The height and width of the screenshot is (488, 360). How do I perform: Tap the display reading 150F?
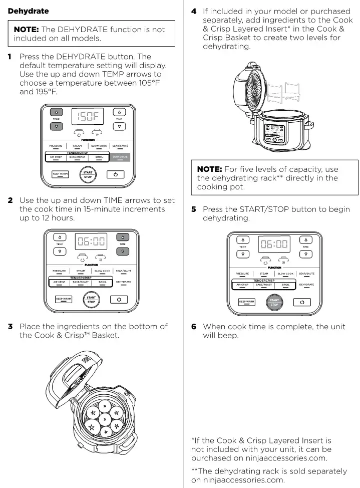click(88, 117)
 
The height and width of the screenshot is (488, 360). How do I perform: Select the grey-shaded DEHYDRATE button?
click(120, 157)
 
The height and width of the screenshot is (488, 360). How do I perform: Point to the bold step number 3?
click(10, 327)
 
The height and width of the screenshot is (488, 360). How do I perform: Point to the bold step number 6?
click(193, 327)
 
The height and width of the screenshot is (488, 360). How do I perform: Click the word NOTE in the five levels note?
click(209, 169)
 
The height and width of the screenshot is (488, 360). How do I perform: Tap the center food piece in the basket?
click(104, 418)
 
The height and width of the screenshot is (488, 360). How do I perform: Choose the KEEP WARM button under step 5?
click(246, 302)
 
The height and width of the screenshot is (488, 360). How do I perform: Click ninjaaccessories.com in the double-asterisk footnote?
click(236, 479)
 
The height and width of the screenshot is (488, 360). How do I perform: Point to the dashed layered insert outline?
click(285, 93)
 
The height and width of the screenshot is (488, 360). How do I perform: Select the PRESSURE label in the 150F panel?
click(56, 146)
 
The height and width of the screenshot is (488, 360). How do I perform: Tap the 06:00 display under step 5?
click(274, 244)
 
